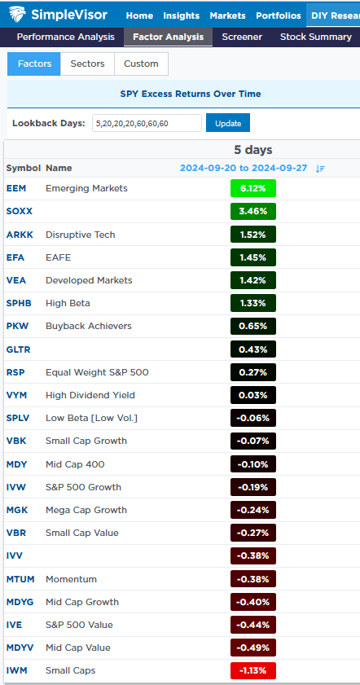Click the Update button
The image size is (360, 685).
click(227, 123)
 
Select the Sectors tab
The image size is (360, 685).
click(87, 64)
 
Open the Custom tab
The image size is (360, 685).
click(141, 64)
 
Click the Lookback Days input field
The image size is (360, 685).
click(146, 123)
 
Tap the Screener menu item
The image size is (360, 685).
click(242, 37)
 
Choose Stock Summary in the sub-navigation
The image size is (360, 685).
click(315, 37)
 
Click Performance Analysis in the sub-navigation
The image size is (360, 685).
click(65, 37)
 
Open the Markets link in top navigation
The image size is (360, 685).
click(227, 15)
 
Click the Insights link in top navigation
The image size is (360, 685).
click(181, 15)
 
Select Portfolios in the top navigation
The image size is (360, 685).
click(278, 15)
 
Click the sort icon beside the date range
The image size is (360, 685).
click(320, 169)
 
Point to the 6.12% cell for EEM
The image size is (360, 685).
click(252, 188)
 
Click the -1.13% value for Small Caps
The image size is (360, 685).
click(252, 671)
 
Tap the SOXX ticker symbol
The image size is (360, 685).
click(20, 211)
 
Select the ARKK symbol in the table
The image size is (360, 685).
click(20, 235)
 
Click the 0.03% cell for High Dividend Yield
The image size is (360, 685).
click(252, 395)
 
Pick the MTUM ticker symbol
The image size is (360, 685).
click(20, 579)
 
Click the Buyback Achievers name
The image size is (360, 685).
click(89, 326)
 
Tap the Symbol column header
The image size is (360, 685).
click(23, 168)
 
